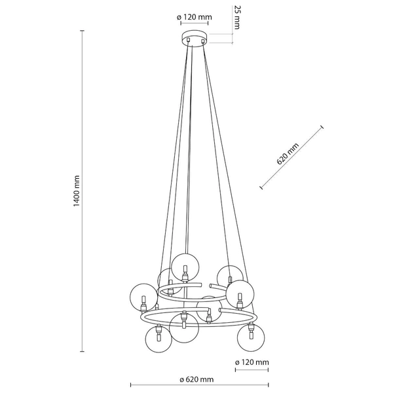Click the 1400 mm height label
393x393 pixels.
coord(77,191)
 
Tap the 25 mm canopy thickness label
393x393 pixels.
coord(237,17)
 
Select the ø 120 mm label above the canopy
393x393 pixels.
coord(195,17)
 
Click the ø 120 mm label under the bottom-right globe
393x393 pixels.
coord(252,362)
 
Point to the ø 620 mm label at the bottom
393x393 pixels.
coord(196,379)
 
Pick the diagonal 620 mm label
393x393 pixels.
coord(288,154)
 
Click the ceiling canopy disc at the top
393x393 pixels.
coord(195,38)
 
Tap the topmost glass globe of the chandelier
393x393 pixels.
coord(185,267)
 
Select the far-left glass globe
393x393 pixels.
coord(144,297)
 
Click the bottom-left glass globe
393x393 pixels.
coord(159,339)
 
